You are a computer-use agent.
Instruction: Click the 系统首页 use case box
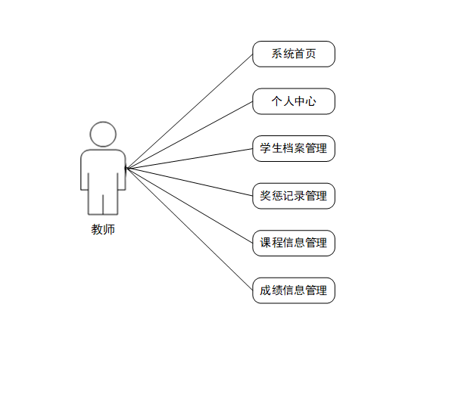[294, 54]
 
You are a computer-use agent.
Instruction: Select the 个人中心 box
[294, 101]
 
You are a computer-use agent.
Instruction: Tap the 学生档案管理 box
[294, 148]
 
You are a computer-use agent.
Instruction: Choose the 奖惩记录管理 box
[294, 196]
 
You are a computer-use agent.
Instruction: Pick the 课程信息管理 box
[294, 243]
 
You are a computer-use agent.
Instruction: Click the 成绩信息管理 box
[294, 290]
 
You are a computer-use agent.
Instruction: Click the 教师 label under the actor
[103, 229]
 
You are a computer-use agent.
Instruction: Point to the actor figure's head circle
[103, 134]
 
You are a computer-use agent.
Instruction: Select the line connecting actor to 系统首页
[189, 111]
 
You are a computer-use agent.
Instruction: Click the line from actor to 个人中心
[189, 135]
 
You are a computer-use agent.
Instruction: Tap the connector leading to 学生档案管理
[189, 158]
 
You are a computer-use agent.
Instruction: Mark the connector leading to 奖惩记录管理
[189, 181]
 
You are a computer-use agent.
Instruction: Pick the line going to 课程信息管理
[189, 205]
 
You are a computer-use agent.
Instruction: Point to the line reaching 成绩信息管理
[189, 228]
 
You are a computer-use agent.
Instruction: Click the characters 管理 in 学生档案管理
[316, 148]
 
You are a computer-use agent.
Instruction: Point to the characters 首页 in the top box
[304, 54]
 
